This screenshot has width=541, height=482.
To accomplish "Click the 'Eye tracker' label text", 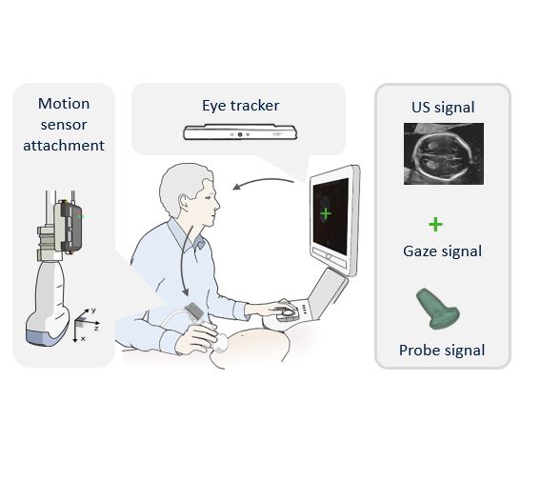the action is click(x=240, y=106).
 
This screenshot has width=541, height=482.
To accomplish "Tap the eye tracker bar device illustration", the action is click(x=240, y=132).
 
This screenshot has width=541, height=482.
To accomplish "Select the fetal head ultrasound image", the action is click(x=444, y=153).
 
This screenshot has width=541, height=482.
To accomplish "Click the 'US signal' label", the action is click(x=443, y=108).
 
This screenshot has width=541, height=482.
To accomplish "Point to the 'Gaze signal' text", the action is click(x=442, y=251).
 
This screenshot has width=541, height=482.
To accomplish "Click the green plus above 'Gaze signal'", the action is click(x=435, y=225).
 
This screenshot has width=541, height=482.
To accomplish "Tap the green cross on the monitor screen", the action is click(x=326, y=214).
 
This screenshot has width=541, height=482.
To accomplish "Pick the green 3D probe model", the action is click(x=437, y=310).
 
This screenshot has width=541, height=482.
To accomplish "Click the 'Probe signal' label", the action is click(x=442, y=351).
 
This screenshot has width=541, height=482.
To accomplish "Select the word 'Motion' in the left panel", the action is click(x=64, y=104).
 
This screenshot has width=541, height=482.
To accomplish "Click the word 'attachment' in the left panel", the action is click(x=64, y=145).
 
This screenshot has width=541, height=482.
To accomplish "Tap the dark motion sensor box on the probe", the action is click(x=70, y=226).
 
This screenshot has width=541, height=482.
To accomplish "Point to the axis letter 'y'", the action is click(x=93, y=311).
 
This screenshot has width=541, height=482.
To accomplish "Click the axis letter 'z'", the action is click(x=96, y=328).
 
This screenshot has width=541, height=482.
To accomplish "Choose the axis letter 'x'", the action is click(x=83, y=339).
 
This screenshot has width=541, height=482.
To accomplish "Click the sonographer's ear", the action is click(x=185, y=203).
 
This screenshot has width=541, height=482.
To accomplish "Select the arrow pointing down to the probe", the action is click(x=185, y=261).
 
